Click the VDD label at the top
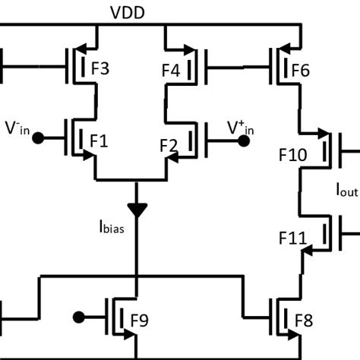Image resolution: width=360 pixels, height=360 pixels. (x=133, y=14)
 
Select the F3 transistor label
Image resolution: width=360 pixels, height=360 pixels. (x=100, y=70)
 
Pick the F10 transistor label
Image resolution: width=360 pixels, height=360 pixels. (x=292, y=156)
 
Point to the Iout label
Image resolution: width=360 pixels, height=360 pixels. (x=346, y=191)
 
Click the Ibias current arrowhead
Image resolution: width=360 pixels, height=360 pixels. (x=137, y=208)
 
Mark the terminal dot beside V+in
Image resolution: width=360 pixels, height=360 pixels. (x=244, y=141)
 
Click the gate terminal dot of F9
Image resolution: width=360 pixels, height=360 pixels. (x=77, y=317)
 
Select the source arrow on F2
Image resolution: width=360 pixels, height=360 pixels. (x=174, y=156)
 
